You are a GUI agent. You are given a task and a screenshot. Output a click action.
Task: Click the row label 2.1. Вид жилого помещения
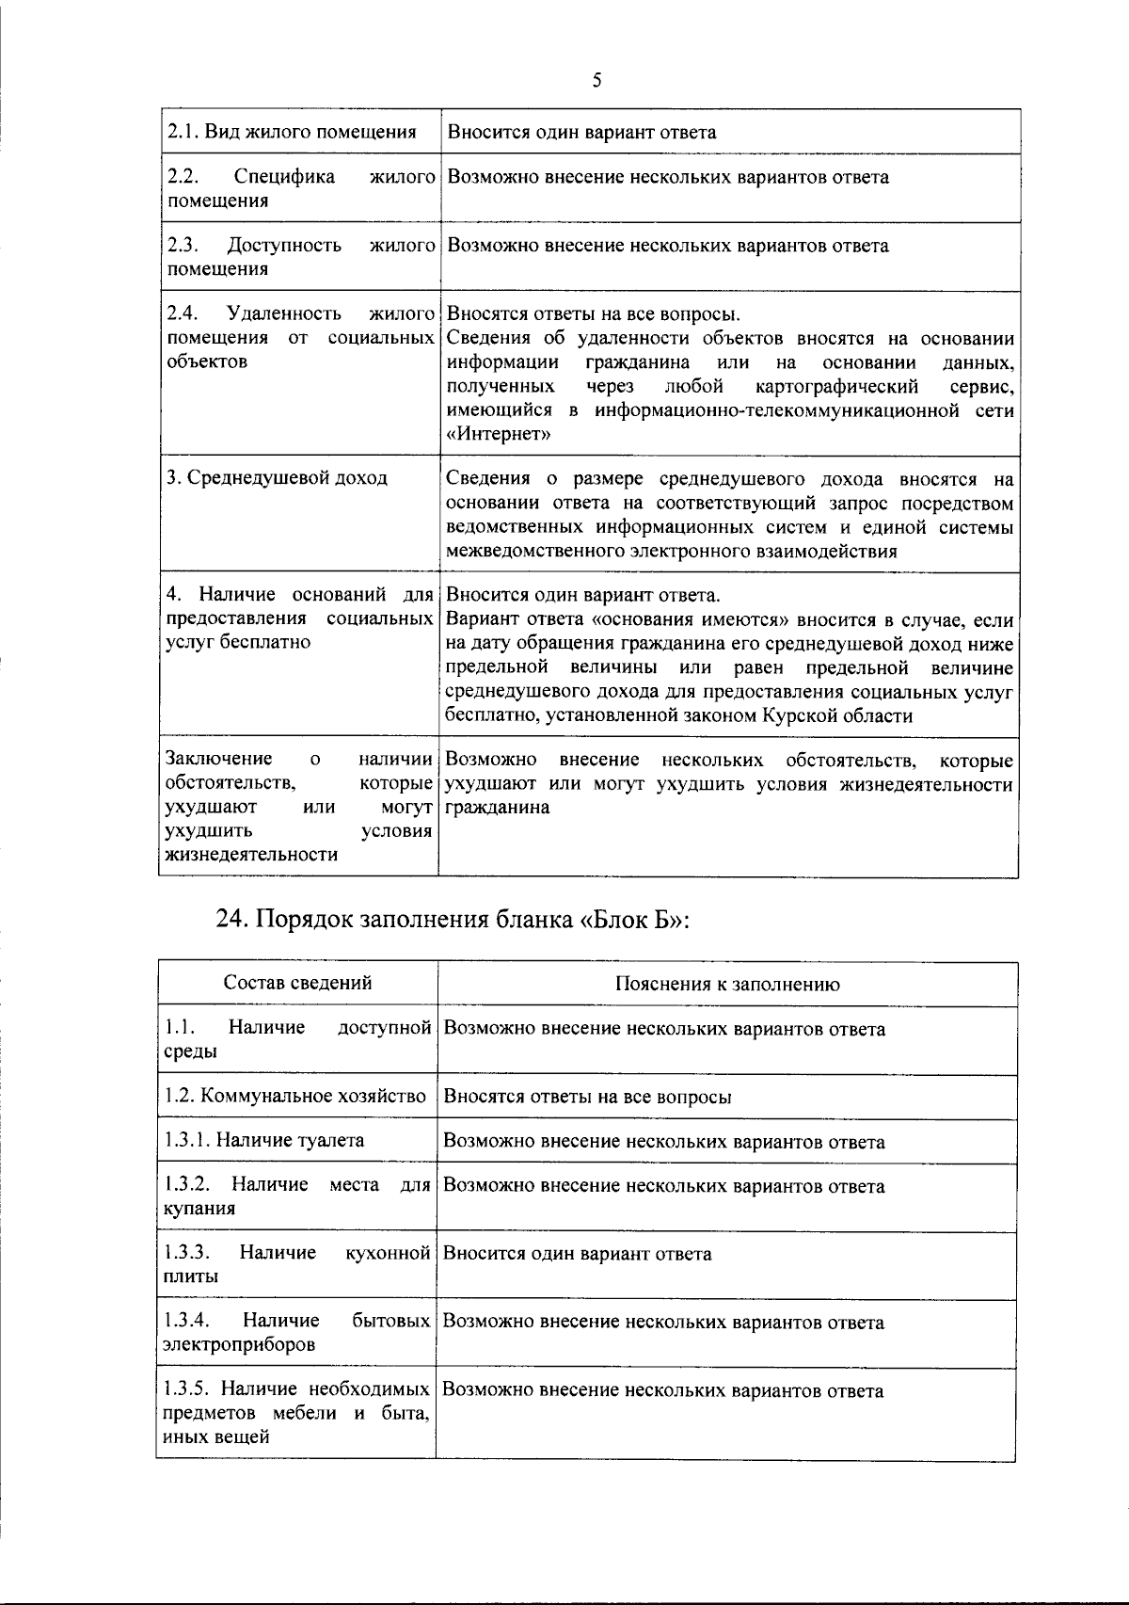click(292, 132)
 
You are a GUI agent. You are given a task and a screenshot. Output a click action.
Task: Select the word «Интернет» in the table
click(499, 435)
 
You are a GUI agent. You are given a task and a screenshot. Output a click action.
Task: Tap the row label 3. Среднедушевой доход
click(278, 478)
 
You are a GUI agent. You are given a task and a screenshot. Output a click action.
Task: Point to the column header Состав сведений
click(297, 983)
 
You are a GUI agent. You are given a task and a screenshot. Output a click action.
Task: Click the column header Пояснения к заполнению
click(727, 985)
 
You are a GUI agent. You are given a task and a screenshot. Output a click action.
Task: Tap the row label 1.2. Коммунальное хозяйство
click(294, 1097)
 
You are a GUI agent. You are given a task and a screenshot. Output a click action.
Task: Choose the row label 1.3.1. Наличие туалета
click(263, 1141)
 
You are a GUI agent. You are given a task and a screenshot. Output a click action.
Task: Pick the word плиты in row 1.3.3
click(190, 1277)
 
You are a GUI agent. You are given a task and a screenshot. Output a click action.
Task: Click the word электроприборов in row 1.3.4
click(239, 1345)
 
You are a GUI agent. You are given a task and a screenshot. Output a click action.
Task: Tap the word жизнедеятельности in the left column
click(251, 855)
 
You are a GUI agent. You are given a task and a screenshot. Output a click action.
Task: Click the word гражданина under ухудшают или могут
click(498, 808)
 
